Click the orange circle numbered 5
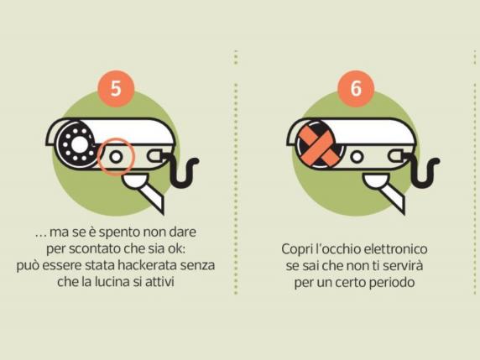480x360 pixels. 116,88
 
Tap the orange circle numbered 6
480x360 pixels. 356,88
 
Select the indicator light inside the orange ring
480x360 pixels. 116,157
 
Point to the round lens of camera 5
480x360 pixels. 78,144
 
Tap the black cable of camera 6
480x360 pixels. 422,170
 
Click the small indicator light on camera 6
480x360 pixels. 357,157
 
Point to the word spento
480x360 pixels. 119,232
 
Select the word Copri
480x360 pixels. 297,249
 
